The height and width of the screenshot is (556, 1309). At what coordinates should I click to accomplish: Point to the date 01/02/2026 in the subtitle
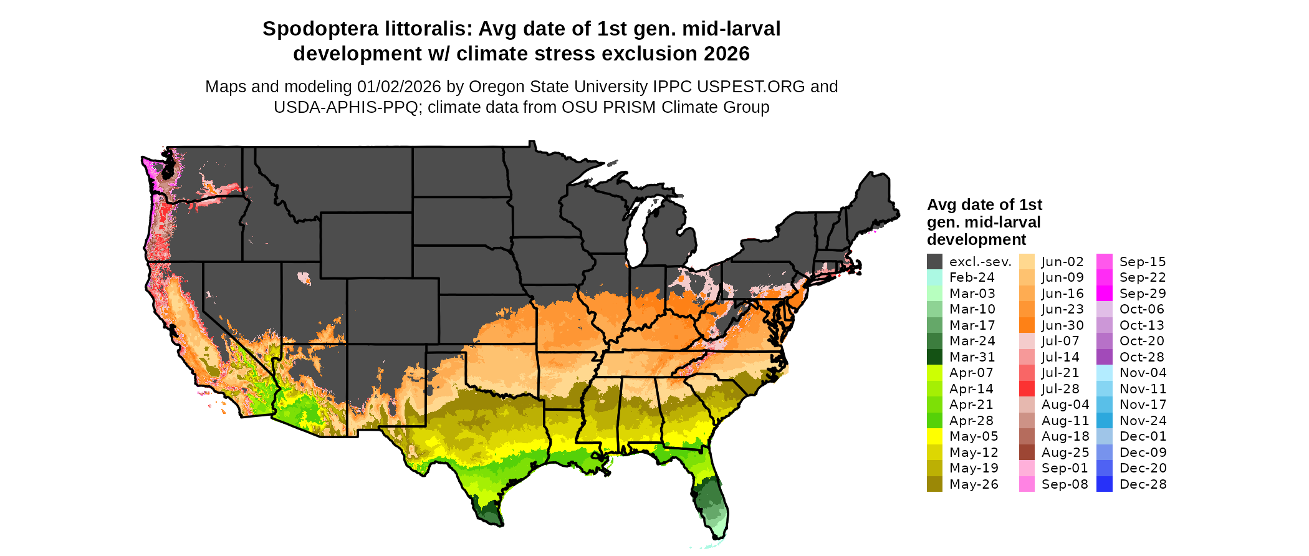[399, 87]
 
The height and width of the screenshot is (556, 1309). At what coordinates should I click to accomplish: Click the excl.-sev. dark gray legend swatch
[934, 262]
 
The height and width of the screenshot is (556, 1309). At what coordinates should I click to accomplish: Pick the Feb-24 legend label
[972, 278]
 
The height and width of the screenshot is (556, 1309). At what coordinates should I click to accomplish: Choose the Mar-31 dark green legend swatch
[934, 357]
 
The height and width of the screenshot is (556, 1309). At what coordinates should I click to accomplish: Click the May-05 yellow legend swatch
[934, 436]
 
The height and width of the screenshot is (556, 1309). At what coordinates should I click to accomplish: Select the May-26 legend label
[974, 484]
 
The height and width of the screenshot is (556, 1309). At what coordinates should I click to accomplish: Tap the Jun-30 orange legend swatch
[1027, 325]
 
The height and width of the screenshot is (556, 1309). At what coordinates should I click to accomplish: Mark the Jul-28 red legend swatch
[1027, 389]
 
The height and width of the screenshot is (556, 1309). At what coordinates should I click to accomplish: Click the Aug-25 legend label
[1065, 453]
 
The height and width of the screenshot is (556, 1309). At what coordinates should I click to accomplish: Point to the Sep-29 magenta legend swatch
[1105, 294]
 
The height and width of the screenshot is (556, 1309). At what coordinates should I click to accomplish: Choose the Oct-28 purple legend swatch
[1105, 357]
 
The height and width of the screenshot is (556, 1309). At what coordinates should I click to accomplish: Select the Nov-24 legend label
[1143, 421]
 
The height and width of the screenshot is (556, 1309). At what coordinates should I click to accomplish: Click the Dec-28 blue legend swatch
[1105, 484]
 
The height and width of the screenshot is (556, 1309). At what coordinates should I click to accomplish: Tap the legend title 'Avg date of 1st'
[984, 205]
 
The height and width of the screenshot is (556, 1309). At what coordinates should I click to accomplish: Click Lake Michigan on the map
[635, 237]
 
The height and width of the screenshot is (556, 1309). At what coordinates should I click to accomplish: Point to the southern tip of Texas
[496, 522]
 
